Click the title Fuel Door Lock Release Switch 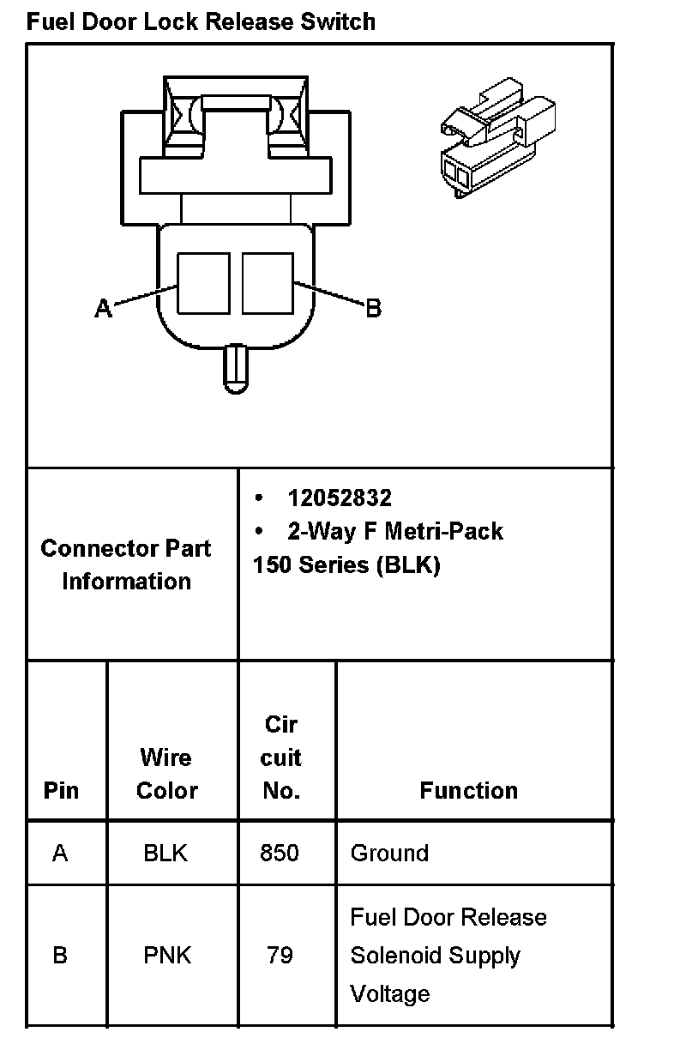click(201, 21)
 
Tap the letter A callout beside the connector click(103, 308)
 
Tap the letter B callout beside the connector click(373, 308)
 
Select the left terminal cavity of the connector click(203, 283)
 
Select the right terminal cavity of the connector click(268, 283)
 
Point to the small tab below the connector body click(235, 368)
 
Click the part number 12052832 click(340, 498)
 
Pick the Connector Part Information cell click(126, 564)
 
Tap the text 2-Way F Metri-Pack click(395, 532)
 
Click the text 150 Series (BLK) click(346, 566)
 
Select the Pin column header click(61, 790)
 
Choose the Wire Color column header click(166, 774)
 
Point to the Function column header click(468, 790)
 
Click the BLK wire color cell click(165, 854)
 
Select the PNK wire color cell click(165, 956)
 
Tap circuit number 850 click(280, 854)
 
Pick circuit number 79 click(280, 956)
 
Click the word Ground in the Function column click(389, 854)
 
